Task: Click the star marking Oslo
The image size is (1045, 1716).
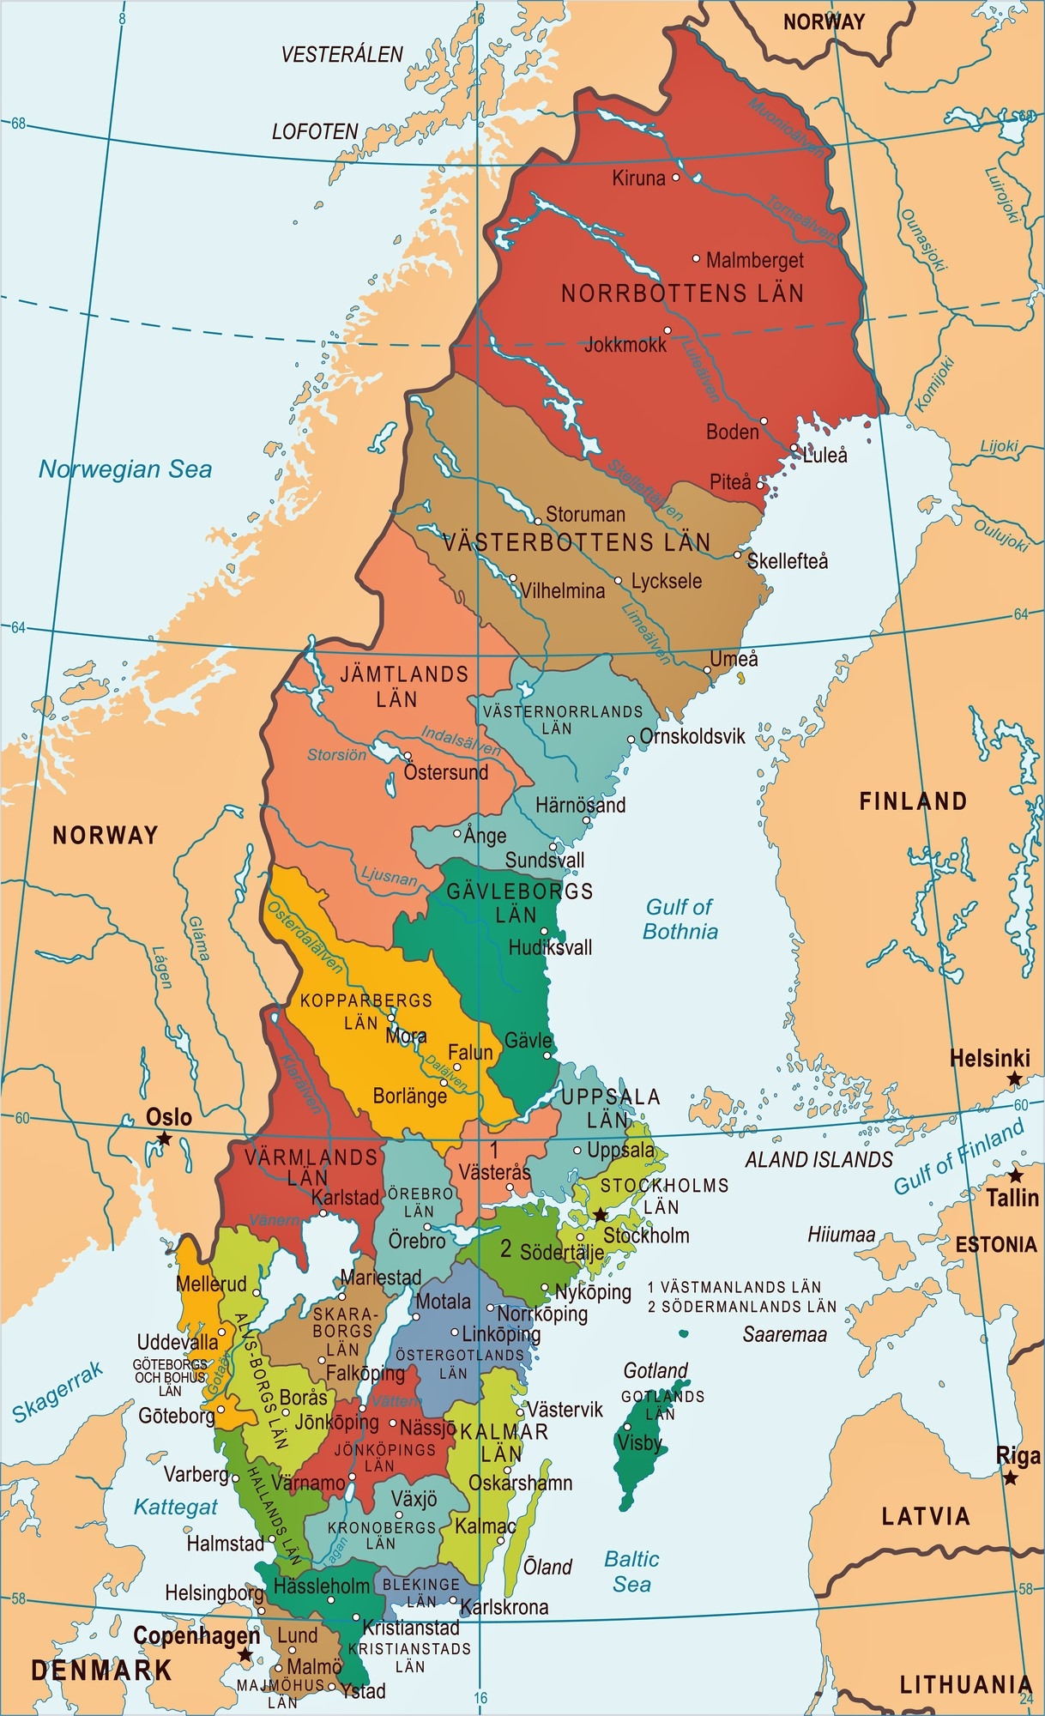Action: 164,1139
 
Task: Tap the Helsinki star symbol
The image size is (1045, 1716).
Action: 1015,1079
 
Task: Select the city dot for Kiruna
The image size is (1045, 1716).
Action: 676,178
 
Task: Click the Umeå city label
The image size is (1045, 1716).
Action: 734,659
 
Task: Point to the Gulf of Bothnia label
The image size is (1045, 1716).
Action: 680,919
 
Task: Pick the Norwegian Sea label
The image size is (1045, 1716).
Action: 125,469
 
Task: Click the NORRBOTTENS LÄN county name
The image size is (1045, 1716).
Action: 682,293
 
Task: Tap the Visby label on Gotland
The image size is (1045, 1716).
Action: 639,1442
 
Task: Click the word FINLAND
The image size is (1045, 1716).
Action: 914,801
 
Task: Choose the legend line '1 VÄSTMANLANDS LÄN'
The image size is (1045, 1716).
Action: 734,1287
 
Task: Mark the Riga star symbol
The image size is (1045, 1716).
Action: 1012,1477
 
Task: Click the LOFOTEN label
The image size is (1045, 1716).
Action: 315,132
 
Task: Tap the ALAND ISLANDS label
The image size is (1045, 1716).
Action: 818,1160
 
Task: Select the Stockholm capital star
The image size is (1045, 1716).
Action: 601,1215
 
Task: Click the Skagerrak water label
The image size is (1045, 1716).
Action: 57,1392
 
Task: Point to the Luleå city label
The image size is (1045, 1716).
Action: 825,456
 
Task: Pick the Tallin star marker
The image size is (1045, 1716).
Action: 1016,1175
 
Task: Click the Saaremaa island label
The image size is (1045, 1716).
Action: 785,1334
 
